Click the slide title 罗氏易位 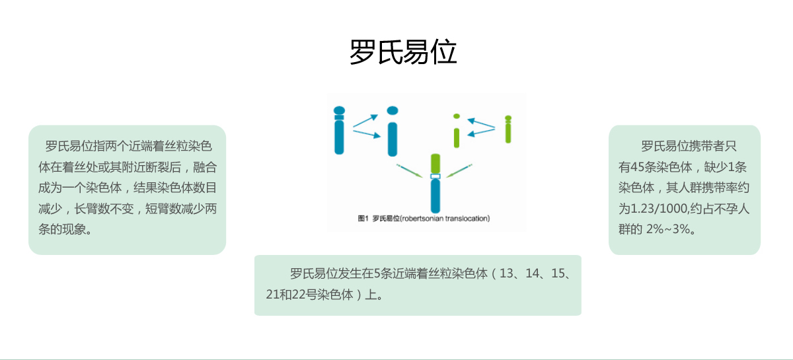pos(403,52)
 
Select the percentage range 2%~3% pos(668,229)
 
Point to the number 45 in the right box pos(637,166)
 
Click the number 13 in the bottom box pos(506,273)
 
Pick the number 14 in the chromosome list pos(533,273)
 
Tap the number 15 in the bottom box pos(558,273)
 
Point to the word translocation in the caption pos(467,219)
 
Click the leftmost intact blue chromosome pos(339,130)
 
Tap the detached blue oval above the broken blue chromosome pos(393,110)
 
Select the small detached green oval pos(457,116)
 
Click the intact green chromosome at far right pos(508,129)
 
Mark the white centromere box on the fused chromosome pos(435,176)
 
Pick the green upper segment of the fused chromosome pos(435,164)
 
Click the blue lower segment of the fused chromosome pos(435,196)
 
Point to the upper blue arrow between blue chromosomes pos(365,121)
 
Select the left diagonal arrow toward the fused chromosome pos(409,170)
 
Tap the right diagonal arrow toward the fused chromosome pos(459,170)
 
